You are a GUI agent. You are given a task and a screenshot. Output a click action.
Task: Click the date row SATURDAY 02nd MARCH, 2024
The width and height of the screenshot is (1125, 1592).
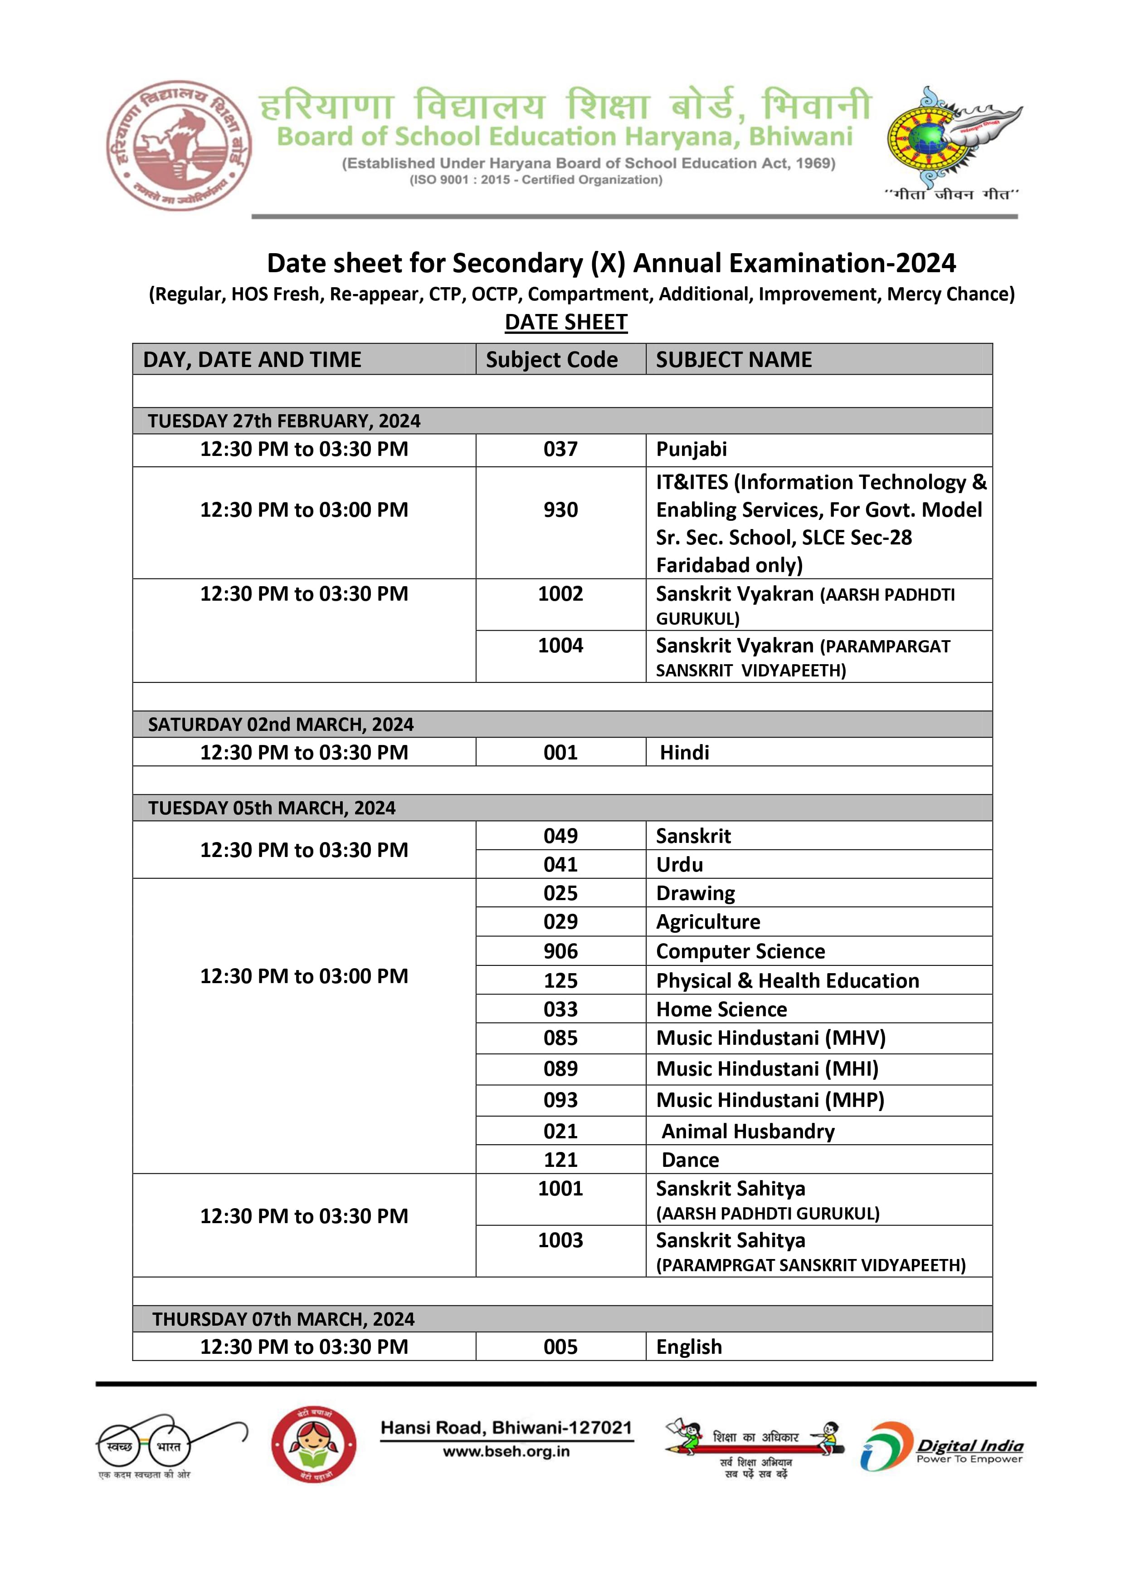[x=281, y=725]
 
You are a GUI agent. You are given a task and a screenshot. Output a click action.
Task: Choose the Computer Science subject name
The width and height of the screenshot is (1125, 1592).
[x=740, y=951]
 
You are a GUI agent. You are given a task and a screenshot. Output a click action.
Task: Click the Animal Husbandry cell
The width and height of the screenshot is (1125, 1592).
[x=748, y=1132]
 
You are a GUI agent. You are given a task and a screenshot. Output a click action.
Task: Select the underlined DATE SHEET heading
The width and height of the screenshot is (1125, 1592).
[x=565, y=323]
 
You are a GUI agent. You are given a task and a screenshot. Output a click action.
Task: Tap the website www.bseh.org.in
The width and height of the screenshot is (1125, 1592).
[x=506, y=1451]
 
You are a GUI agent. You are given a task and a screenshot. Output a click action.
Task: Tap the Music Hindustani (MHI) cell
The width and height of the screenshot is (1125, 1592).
[x=767, y=1069]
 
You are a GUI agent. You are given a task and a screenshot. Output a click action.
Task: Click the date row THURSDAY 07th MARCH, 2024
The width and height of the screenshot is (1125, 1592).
[x=283, y=1319]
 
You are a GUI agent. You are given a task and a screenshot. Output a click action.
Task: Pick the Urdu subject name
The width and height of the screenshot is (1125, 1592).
[x=679, y=865]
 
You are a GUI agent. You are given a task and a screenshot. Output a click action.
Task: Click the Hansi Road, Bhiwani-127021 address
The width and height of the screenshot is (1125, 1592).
[x=506, y=1428]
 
